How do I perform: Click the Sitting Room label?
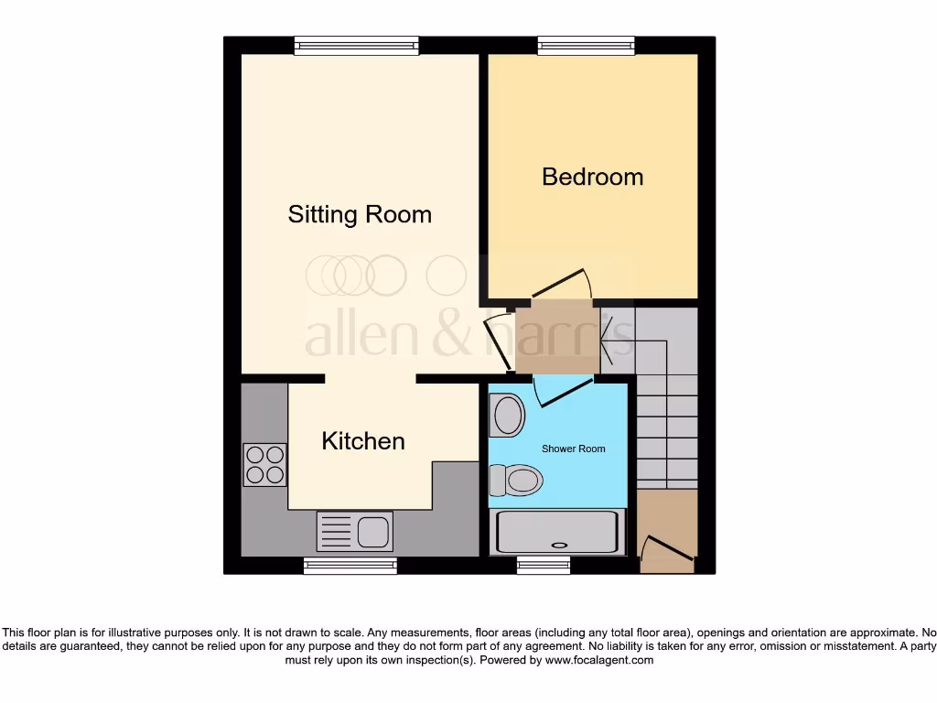pyautogui.click(x=360, y=214)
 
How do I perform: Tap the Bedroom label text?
pyautogui.click(x=592, y=176)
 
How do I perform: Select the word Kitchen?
pyautogui.click(x=363, y=441)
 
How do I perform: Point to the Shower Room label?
pyautogui.click(x=573, y=449)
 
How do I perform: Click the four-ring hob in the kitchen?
pyautogui.click(x=264, y=464)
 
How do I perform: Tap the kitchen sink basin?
pyautogui.click(x=373, y=532)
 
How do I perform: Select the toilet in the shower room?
pyautogui.click(x=517, y=480)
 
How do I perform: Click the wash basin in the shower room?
pyautogui.click(x=507, y=415)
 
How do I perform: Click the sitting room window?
pyautogui.click(x=357, y=45)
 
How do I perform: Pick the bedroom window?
pyautogui.click(x=586, y=45)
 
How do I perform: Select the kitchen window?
pyautogui.click(x=350, y=567)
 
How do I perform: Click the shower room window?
pyautogui.click(x=544, y=567)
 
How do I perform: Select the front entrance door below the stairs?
pyautogui.click(x=666, y=552)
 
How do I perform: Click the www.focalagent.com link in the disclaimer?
pyautogui.click(x=598, y=660)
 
